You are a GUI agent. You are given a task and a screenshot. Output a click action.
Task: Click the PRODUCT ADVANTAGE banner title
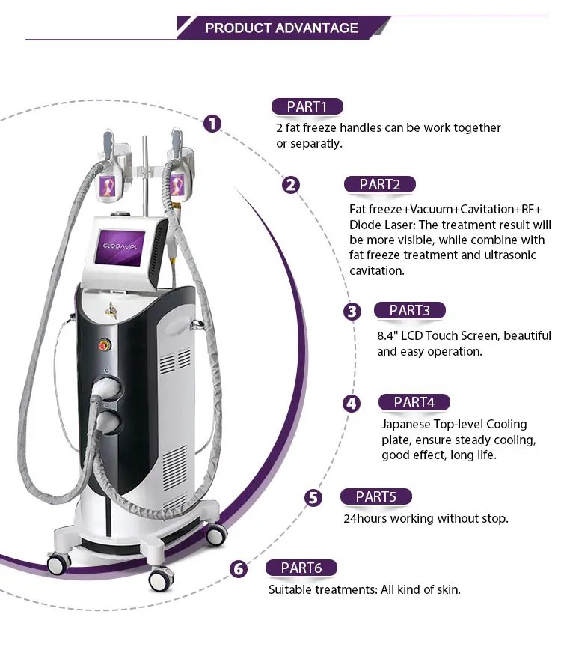tap(281, 28)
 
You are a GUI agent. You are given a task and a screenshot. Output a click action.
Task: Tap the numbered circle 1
tap(212, 124)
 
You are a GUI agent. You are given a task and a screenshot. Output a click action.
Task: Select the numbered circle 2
tap(291, 185)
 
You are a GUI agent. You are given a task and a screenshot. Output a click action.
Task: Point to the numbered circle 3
tap(352, 312)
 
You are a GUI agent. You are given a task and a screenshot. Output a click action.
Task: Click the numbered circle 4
tap(351, 404)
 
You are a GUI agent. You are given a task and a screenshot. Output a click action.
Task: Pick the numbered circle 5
tap(313, 498)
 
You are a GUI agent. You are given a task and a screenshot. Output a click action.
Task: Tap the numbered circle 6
tap(239, 569)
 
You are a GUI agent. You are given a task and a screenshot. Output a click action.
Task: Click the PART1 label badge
tap(307, 106)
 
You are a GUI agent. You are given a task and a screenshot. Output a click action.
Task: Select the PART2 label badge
tap(379, 184)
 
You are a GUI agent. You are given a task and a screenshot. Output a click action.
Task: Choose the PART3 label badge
tap(410, 311)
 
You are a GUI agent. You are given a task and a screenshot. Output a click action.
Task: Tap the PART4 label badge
tap(414, 402)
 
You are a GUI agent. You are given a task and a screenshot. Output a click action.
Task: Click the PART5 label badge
tap(376, 496)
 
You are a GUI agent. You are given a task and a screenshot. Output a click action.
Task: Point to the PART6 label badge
tap(301, 568)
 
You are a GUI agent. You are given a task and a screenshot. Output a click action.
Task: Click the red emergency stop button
tap(104, 345)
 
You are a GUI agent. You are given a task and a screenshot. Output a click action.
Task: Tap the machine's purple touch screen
tap(120, 246)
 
